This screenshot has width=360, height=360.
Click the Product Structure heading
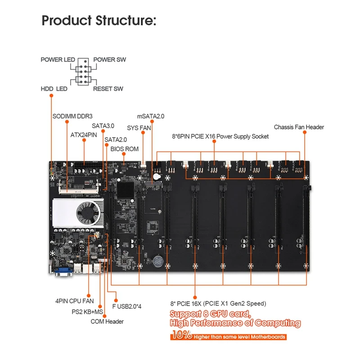[99, 21]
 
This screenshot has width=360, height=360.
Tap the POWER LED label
[58, 60]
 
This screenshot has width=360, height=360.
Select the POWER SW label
[110, 60]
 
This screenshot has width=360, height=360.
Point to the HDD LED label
[54, 89]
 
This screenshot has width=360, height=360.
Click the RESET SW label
[108, 89]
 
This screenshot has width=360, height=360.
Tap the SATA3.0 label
[103, 126]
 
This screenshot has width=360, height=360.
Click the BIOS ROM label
[124, 148]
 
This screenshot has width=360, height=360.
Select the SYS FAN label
[139, 128]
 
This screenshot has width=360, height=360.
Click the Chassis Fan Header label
[299, 127]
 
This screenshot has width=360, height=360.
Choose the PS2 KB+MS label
[87, 311]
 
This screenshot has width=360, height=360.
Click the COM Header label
[107, 321]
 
